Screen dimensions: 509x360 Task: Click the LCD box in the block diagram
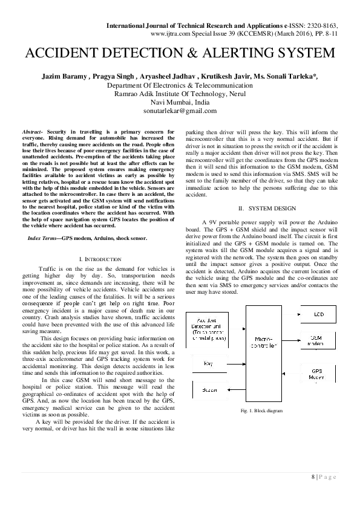tap(321, 316)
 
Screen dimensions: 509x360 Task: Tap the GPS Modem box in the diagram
tap(321, 373)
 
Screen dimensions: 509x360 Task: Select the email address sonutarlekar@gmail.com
tap(180, 111)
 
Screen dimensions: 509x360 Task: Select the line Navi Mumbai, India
tap(180, 103)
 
